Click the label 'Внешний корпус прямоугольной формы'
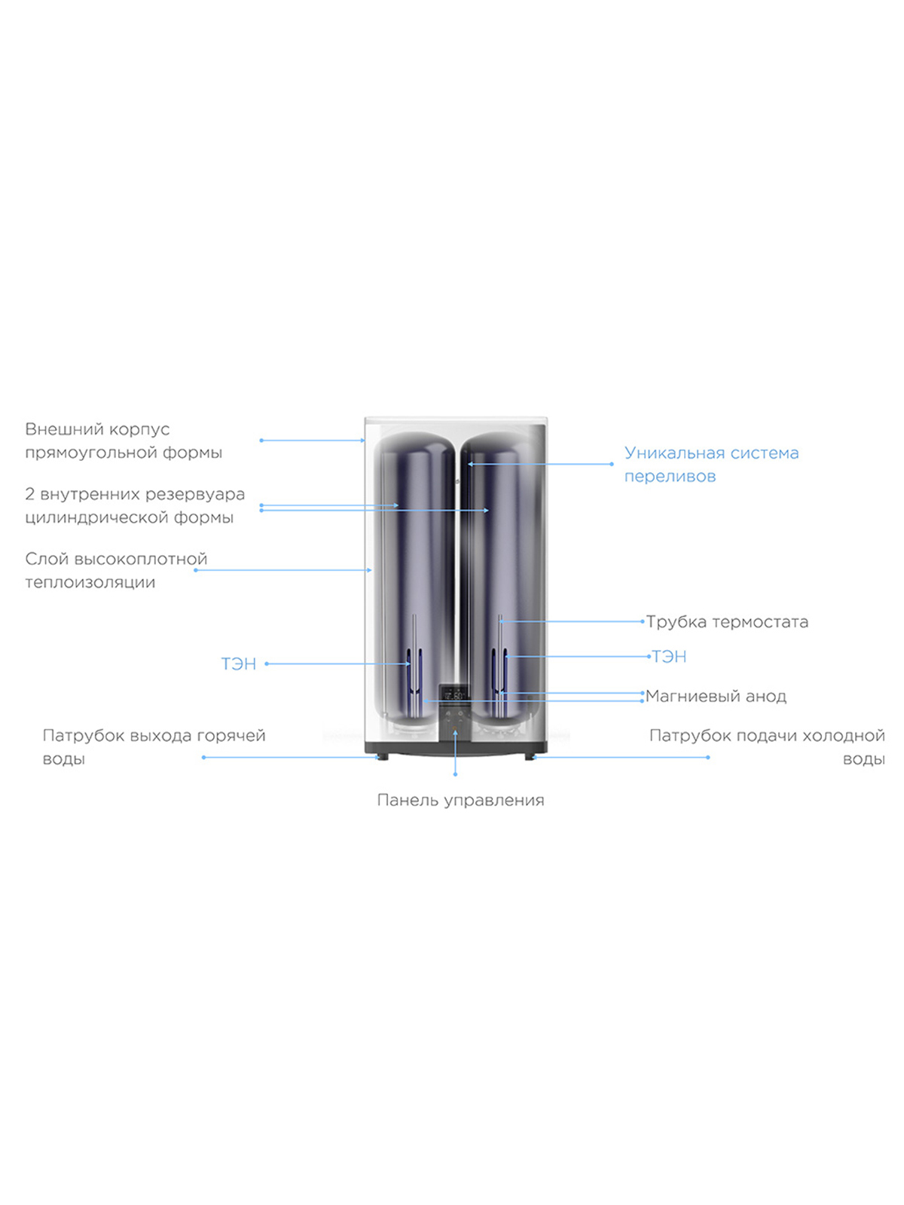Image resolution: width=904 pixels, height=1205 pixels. coord(124,441)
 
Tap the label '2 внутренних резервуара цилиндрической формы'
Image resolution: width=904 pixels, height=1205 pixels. coord(135,505)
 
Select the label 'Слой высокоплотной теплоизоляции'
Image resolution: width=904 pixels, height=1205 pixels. coord(116,570)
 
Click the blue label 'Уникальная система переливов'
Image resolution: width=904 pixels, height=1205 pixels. coord(711,465)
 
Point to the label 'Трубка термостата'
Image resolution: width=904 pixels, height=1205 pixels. coord(727,622)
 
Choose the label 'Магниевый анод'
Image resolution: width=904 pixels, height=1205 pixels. coord(716,696)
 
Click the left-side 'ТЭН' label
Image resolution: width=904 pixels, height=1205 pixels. coord(238,664)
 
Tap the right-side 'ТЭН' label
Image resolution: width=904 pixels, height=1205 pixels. coord(669,657)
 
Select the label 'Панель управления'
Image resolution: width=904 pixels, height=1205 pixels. coord(460,801)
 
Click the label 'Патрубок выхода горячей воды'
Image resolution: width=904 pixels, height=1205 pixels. coord(154,747)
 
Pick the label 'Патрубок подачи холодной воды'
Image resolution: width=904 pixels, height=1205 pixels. coord(767,747)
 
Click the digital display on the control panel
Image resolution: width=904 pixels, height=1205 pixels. coord(454,695)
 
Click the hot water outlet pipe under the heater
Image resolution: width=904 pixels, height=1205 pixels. coord(382,757)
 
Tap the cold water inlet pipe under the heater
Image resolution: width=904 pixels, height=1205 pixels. coord(530,757)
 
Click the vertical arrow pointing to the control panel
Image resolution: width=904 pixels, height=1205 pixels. coord(456,752)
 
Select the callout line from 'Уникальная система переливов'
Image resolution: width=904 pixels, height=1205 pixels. coord(540,465)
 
